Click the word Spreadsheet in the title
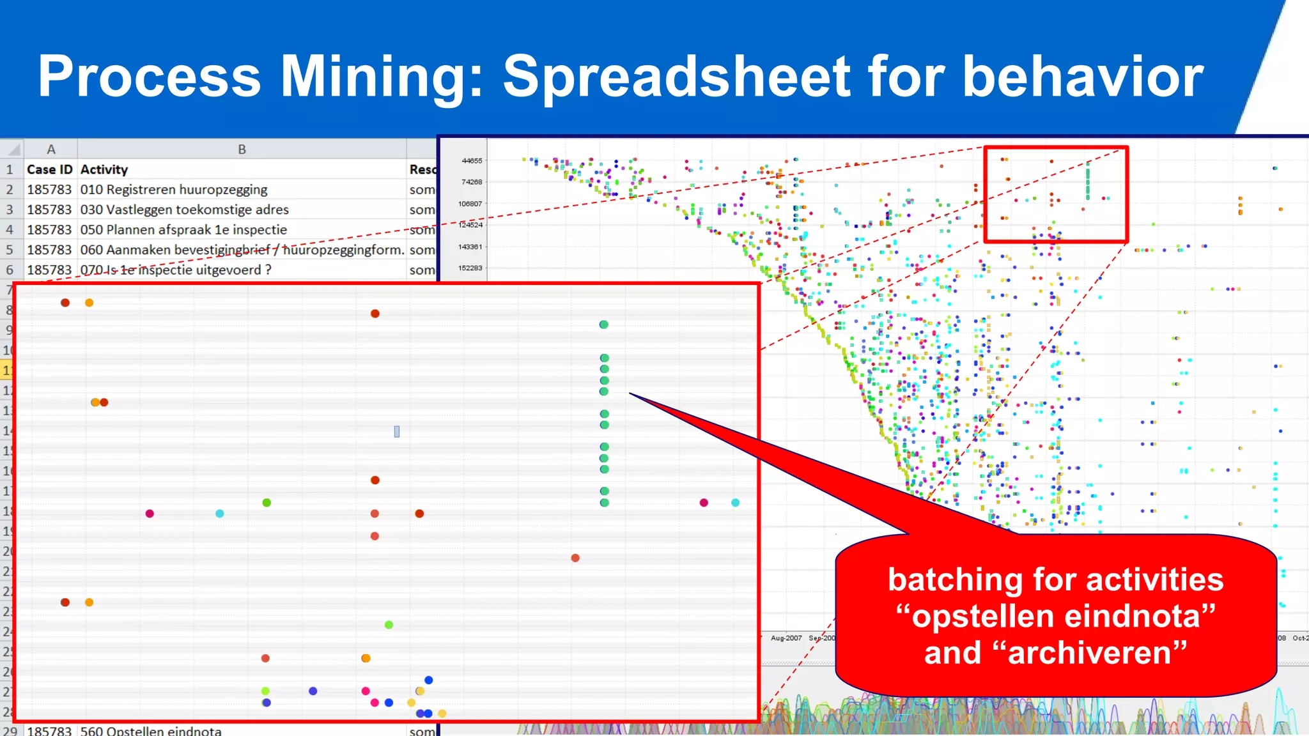(678, 77)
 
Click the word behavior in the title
(1083, 77)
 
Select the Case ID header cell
(50, 169)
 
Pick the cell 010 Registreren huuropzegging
(174, 190)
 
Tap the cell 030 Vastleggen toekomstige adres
(184, 210)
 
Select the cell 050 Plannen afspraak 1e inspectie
(183, 229)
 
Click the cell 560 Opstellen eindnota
(151, 730)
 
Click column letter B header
(242, 149)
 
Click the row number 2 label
(10, 190)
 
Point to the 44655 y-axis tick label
(472, 161)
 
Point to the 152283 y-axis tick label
(470, 268)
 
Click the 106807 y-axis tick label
(470, 204)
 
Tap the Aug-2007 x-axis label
(786, 638)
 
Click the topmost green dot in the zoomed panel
(603, 325)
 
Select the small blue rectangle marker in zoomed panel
(397, 432)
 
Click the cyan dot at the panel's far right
(735, 503)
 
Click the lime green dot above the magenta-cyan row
(267, 503)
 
